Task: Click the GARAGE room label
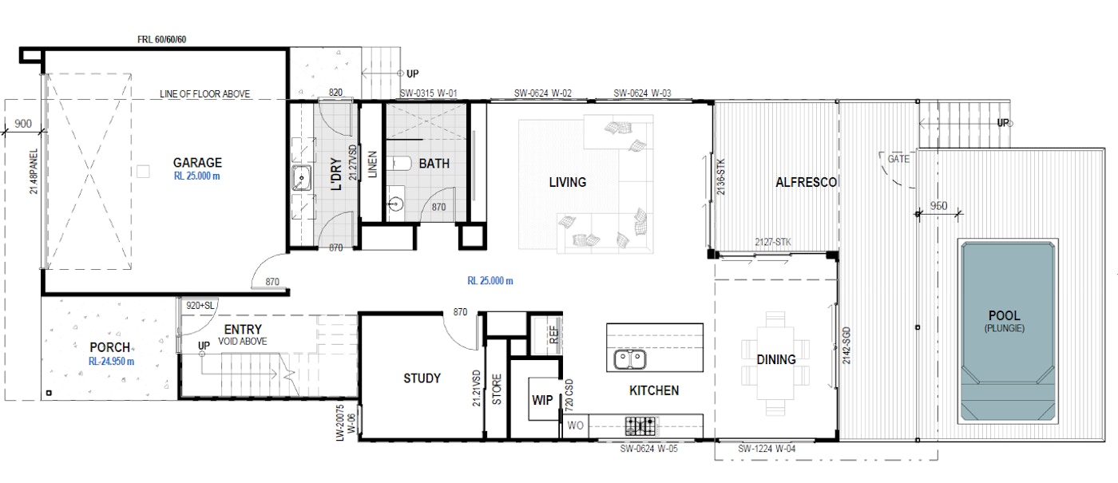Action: coord(197,163)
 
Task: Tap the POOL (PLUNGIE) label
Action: coord(1005,321)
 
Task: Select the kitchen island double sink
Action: coord(630,359)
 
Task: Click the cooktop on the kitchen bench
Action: coord(640,426)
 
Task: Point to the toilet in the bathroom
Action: coord(398,163)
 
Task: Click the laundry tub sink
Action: coord(301,178)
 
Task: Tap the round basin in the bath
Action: coord(395,204)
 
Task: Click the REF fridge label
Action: coord(553,335)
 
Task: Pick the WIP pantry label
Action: coord(542,400)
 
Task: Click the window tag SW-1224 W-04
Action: coord(767,449)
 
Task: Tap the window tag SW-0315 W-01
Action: coord(428,93)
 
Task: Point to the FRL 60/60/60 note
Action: coord(161,39)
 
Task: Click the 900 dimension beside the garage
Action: coord(23,124)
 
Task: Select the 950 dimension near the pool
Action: coord(938,206)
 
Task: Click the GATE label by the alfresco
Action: coord(898,159)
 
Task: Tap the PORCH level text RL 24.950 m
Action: coord(111,361)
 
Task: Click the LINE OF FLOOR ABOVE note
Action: coord(204,94)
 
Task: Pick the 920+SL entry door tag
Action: coord(200,305)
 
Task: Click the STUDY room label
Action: coord(422,378)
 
